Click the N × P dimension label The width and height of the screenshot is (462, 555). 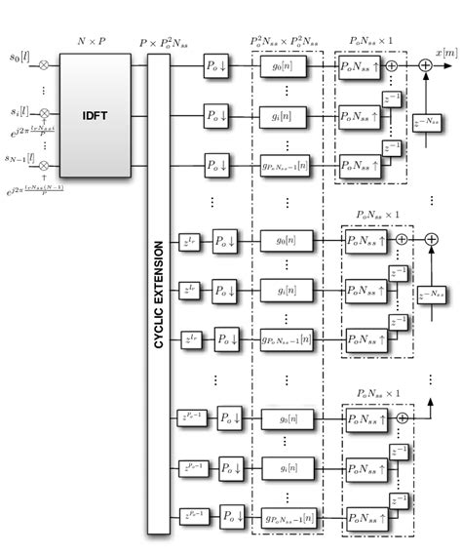pos(94,42)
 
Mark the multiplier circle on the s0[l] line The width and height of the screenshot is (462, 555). pos(44,64)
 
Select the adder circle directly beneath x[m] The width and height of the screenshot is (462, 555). pos(425,65)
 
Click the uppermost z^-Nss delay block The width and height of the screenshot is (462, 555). pos(425,123)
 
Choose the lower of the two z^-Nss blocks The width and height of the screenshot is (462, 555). pos(425,292)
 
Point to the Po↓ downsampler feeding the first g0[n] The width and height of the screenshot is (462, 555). pos(217,65)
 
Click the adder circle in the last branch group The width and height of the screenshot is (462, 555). pos(401,416)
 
